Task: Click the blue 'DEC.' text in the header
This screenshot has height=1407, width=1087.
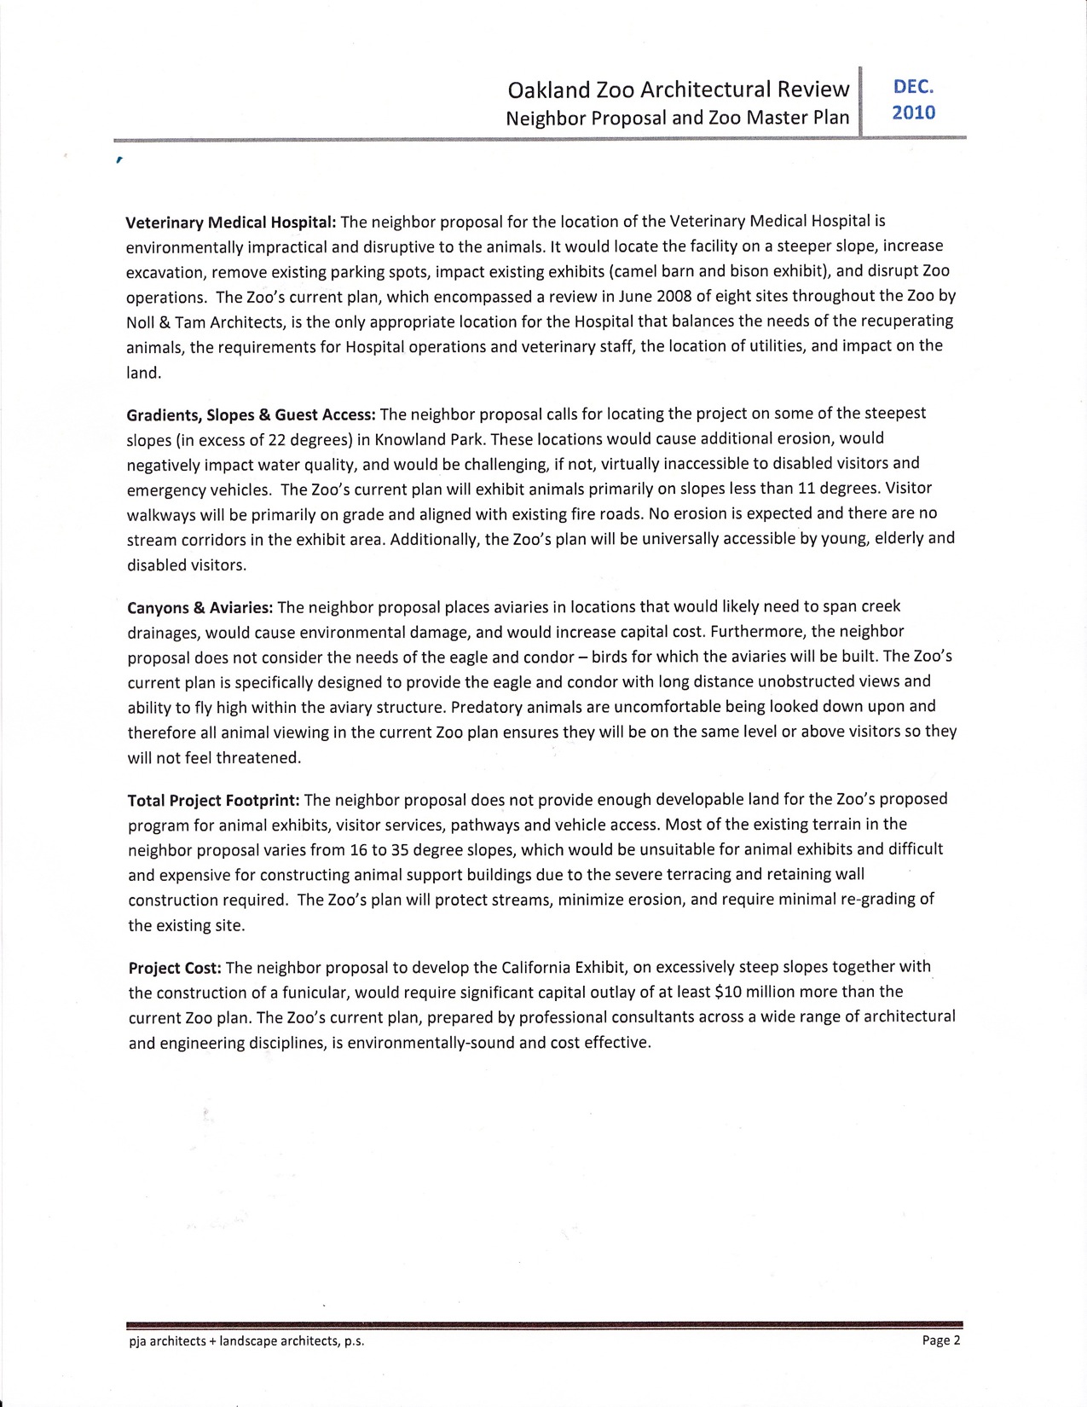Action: pyautogui.click(x=913, y=86)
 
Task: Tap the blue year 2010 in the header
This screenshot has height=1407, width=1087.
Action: pyautogui.click(x=913, y=113)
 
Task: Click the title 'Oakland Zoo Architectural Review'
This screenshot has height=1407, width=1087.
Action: pyautogui.click(x=678, y=89)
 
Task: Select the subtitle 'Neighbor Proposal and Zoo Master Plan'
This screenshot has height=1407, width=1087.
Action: pyautogui.click(x=678, y=118)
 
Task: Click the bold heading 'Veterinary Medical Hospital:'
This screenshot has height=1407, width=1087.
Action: pyautogui.click(x=231, y=223)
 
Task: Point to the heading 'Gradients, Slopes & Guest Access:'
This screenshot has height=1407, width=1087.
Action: pyautogui.click(x=251, y=414)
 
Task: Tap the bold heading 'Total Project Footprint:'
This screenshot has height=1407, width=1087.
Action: pyautogui.click(x=213, y=801)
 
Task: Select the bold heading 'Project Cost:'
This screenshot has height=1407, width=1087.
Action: pyautogui.click(x=175, y=968)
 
